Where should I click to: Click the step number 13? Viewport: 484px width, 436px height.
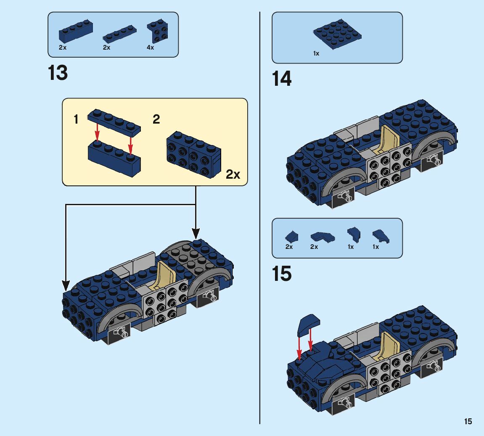[58, 73]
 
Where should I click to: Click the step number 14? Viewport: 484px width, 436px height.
[282, 79]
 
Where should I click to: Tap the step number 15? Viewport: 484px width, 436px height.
[282, 274]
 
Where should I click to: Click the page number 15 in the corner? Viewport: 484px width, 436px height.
[468, 421]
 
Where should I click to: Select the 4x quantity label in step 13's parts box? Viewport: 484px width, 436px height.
[150, 48]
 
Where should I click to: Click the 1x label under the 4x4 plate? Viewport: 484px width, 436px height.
[316, 54]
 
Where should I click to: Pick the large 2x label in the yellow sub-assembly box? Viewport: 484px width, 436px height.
[233, 174]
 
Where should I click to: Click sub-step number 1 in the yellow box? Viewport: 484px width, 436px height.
[76, 120]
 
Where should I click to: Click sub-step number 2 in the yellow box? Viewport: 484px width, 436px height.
[156, 119]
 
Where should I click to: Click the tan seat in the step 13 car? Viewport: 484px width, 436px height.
[160, 275]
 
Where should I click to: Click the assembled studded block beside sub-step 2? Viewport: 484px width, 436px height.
[193, 153]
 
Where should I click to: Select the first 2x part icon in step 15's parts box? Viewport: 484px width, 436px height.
[291, 237]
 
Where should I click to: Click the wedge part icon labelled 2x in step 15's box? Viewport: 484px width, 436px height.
[322, 237]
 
